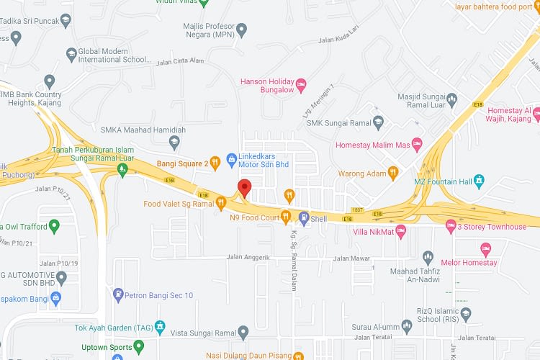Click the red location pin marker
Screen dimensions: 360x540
244,187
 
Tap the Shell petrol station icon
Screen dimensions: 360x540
304,217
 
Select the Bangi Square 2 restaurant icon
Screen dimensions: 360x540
215,163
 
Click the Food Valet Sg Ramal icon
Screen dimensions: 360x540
221,204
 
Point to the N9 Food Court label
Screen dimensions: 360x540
254,217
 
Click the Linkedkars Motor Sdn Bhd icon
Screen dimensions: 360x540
232,158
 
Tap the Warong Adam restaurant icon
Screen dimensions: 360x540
392,172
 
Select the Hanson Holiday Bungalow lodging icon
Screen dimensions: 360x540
302,84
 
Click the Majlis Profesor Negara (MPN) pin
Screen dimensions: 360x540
242,30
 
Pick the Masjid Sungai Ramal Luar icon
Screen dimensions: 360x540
451,98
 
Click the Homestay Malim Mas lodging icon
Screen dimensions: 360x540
416,145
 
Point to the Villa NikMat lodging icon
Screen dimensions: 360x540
402,230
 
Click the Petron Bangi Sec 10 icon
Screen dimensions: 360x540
119,294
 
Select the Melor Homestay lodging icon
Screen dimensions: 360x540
486,248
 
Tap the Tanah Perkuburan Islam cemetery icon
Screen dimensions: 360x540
122,169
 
